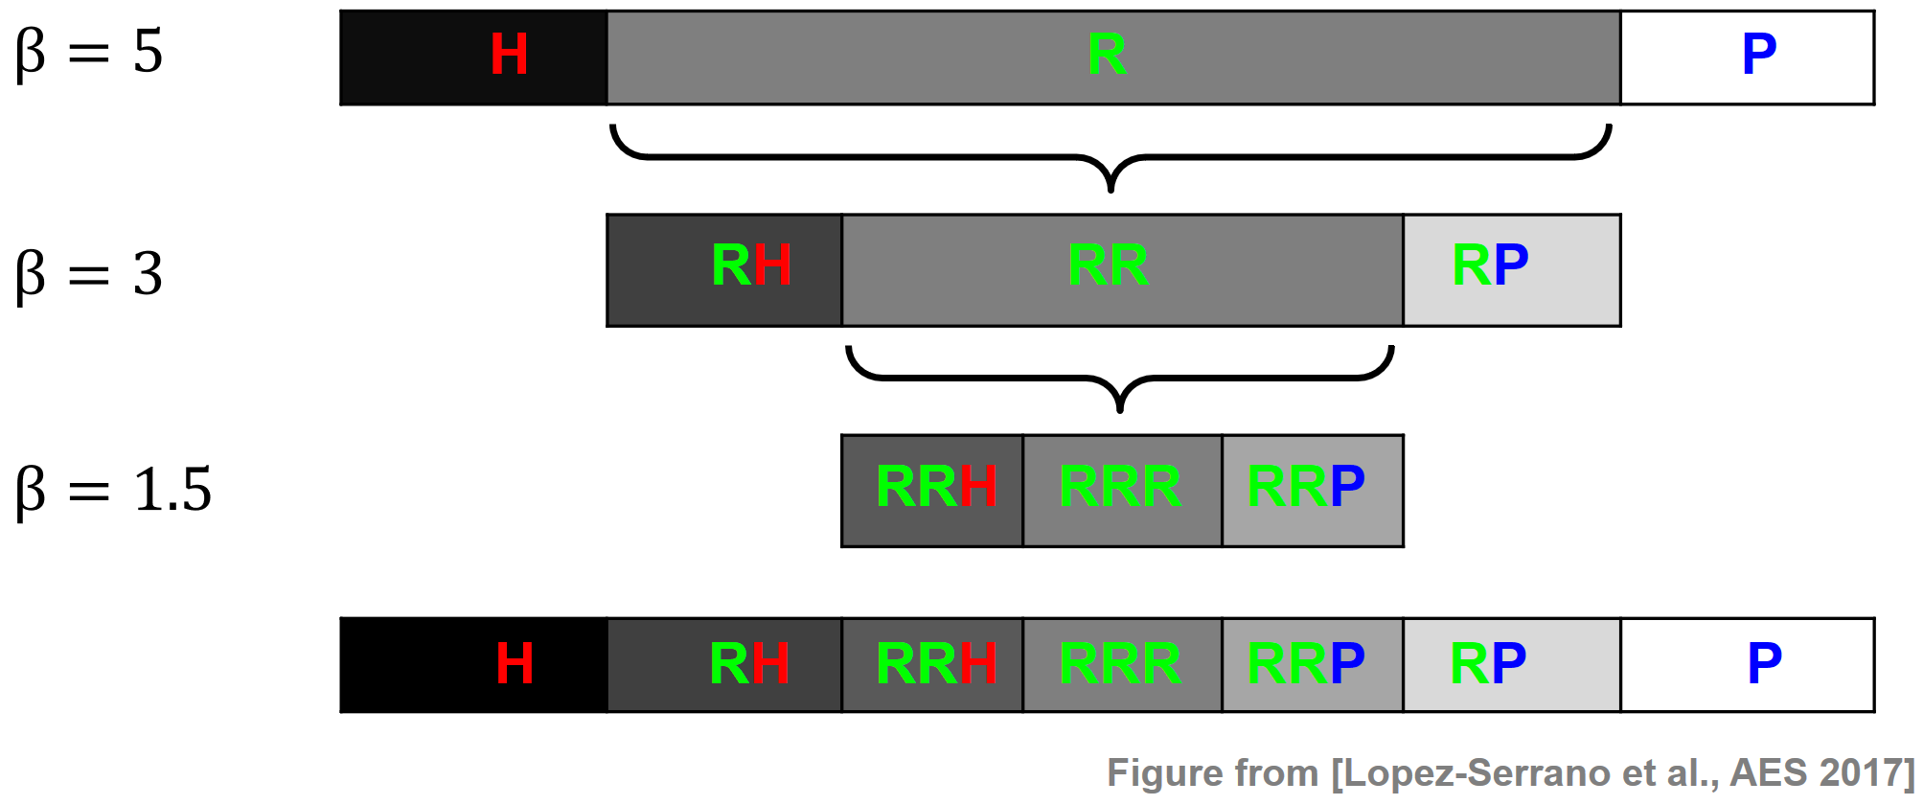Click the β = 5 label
pos(89,52)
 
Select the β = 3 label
pos(89,274)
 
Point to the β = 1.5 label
pos(113,490)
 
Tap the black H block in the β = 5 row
pos(474,57)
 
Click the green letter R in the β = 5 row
pos(1107,55)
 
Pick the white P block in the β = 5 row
pos(1747,57)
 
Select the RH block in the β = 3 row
pos(724,270)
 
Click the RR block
pos(1122,270)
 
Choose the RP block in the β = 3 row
pos(1512,270)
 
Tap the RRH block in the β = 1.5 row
pos(932,491)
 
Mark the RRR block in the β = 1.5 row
pos(1122,491)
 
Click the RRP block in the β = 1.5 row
pos(1313,491)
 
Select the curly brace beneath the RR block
pos(1119,378)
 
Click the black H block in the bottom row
pos(474,665)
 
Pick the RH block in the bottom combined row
pos(724,665)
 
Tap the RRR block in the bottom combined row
pos(1122,665)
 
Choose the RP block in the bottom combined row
pos(1512,665)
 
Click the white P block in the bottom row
pos(1747,665)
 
